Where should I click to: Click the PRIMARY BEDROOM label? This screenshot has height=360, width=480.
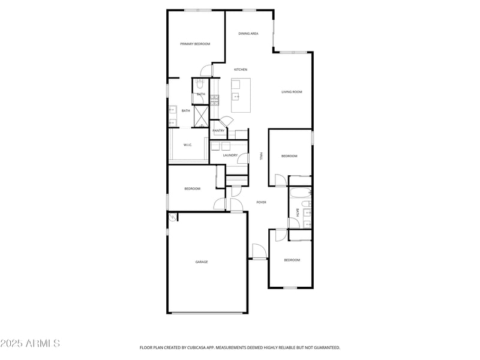[195, 44]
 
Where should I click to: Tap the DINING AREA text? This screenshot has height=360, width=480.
[248, 34]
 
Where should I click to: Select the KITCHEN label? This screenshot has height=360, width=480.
[241, 70]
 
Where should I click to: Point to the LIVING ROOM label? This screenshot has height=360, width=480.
[292, 92]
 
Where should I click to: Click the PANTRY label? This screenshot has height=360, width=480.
[218, 131]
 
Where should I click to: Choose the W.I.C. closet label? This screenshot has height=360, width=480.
[187, 145]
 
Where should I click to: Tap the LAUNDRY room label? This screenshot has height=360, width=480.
[230, 155]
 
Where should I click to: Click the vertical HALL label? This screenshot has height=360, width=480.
[261, 156]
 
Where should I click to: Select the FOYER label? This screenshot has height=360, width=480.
[262, 202]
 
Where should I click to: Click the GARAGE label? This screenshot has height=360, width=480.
[202, 262]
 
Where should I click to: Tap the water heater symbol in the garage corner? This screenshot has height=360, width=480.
[173, 217]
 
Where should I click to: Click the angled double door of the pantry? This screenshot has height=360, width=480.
[224, 121]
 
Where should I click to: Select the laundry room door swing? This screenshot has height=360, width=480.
[242, 158]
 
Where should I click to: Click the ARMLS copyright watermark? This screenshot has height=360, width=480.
[30, 344]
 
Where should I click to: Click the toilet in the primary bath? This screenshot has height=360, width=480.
[200, 85]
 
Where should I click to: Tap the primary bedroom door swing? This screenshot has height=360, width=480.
[206, 70]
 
